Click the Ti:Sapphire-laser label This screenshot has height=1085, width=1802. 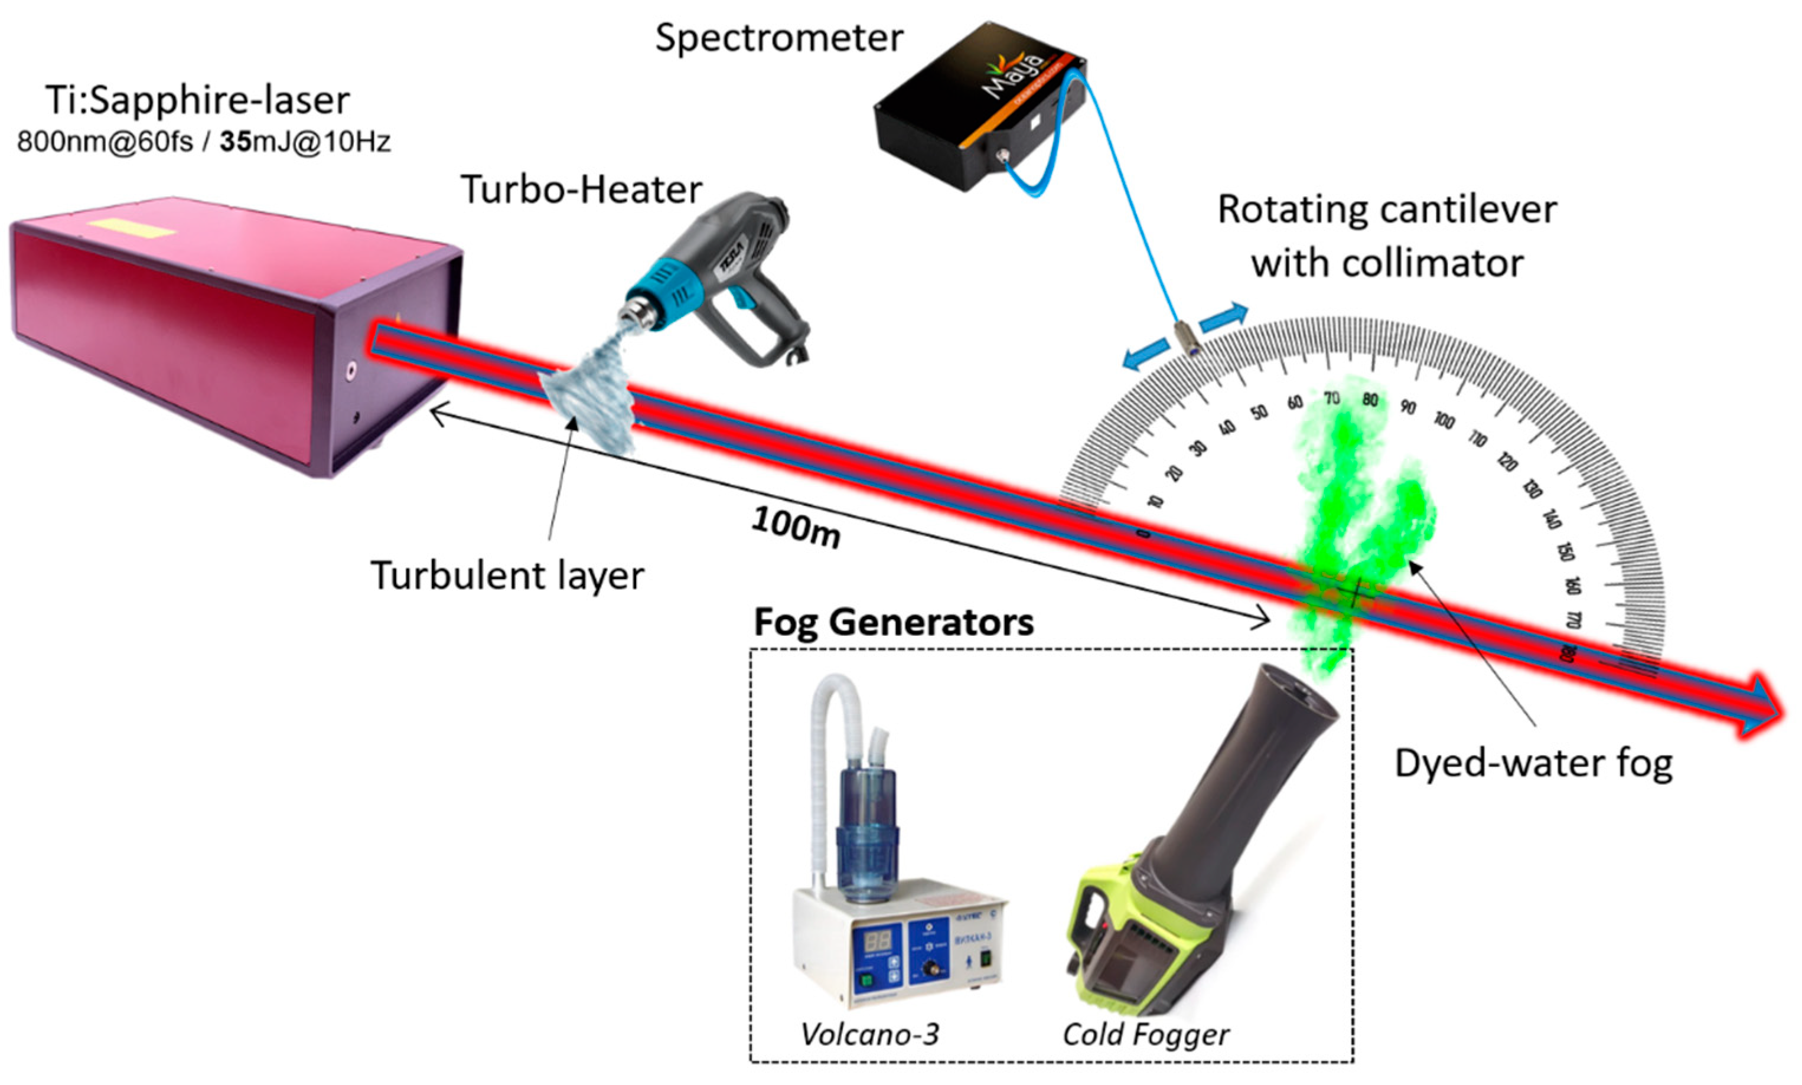(x=197, y=101)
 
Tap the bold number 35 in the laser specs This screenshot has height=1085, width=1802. (x=236, y=141)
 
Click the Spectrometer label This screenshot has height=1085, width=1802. (x=779, y=38)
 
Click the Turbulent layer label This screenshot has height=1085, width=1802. (x=507, y=576)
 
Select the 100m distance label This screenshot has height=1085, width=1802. (x=796, y=527)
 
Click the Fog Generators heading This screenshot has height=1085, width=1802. (x=894, y=623)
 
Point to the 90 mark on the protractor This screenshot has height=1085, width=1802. (x=1407, y=407)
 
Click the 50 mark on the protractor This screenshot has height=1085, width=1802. (x=1259, y=413)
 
